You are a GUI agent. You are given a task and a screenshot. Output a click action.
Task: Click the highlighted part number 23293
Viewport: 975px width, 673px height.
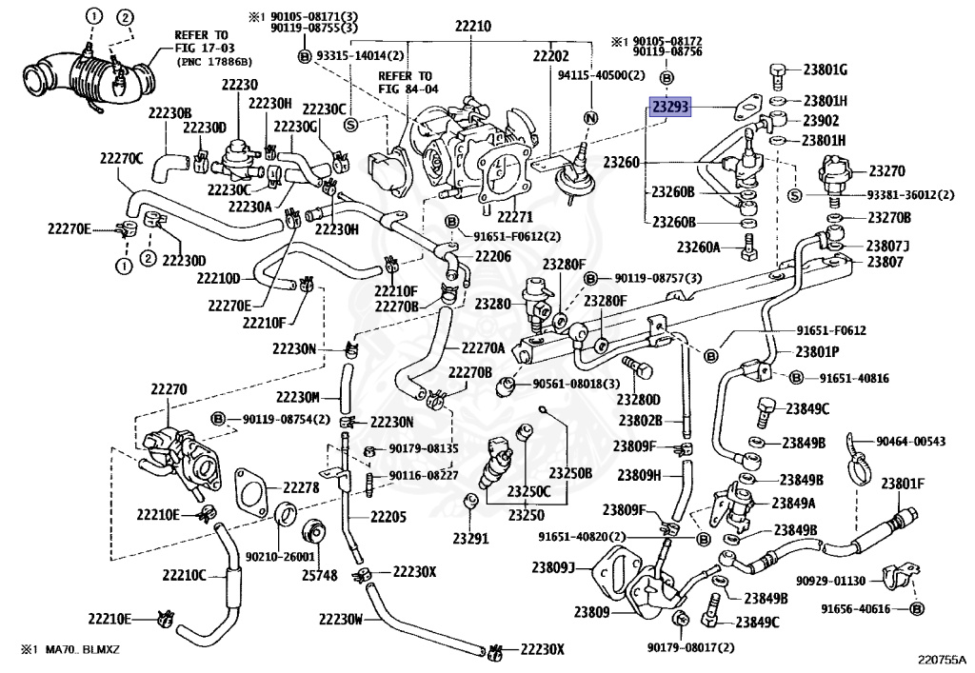670,108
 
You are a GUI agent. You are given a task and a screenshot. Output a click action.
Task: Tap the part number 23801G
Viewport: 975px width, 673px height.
825,69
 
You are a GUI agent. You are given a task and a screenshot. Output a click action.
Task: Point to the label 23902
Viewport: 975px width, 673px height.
820,121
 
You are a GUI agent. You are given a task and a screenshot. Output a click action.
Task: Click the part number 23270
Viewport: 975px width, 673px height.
885,172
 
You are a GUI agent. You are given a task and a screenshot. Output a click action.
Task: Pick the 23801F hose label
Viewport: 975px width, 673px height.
903,482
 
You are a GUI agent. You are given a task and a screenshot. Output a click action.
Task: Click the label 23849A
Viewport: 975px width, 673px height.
799,503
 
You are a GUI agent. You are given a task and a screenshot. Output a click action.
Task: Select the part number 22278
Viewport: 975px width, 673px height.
297,487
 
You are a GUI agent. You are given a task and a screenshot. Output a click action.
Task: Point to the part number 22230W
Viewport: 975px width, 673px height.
340,619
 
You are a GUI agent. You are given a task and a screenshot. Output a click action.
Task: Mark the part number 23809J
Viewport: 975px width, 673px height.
553,568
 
